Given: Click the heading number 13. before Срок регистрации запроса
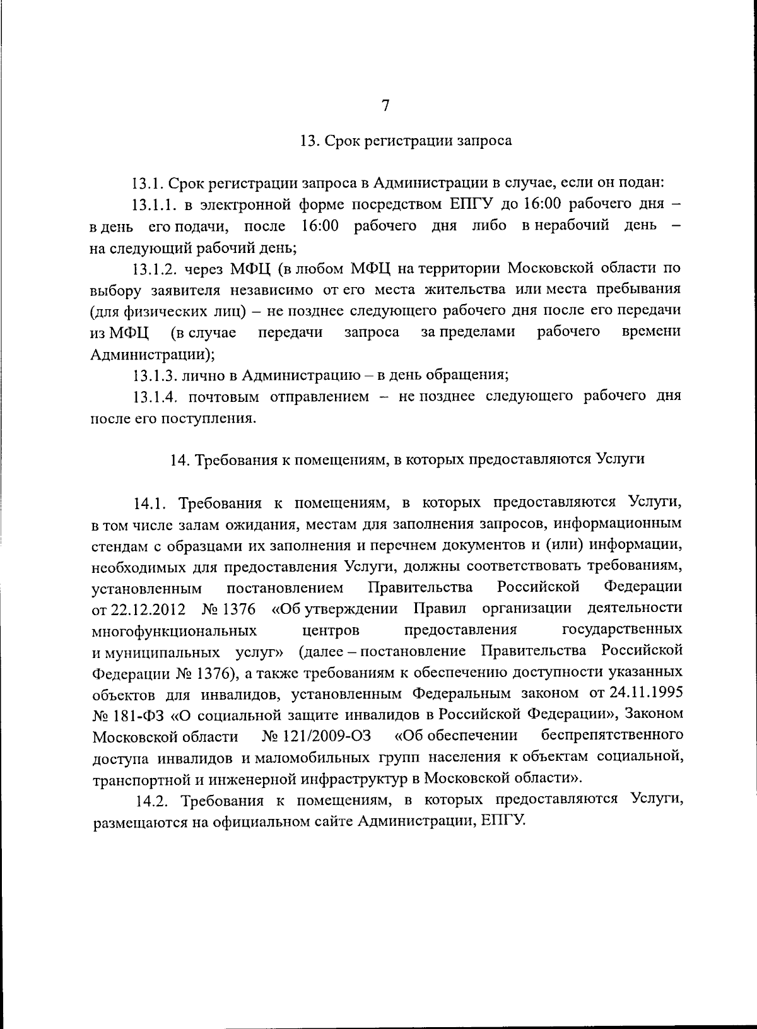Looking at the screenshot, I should [310, 141].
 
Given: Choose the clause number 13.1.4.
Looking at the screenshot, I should [155, 397].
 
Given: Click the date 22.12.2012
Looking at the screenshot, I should [148, 609].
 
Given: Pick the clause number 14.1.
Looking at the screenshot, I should [149, 503].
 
